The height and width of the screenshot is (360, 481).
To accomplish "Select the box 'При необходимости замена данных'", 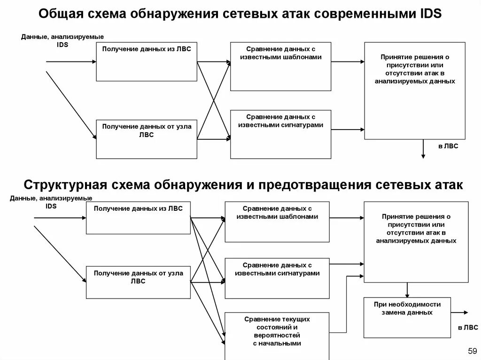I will click(x=407, y=317).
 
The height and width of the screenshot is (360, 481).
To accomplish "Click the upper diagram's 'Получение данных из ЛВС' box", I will click(x=147, y=61).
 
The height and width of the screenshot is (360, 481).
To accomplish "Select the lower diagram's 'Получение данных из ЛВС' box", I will click(x=138, y=218).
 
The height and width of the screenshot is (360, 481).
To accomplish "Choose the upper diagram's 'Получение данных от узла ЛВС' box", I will click(x=147, y=139).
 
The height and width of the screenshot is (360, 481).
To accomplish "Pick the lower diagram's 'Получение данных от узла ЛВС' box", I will click(x=138, y=282).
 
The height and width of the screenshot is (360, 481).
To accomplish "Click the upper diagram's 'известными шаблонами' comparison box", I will click(x=280, y=66).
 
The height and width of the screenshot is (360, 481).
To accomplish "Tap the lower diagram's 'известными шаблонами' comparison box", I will click(x=277, y=222).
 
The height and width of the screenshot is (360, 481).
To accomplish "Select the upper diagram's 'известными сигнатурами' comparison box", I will click(x=280, y=134).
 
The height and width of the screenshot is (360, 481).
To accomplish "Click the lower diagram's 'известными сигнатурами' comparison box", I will click(x=277, y=278).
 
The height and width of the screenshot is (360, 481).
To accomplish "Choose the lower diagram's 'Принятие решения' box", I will click(x=416, y=242).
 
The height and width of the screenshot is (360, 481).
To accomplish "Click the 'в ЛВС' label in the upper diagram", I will click(x=448, y=146).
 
